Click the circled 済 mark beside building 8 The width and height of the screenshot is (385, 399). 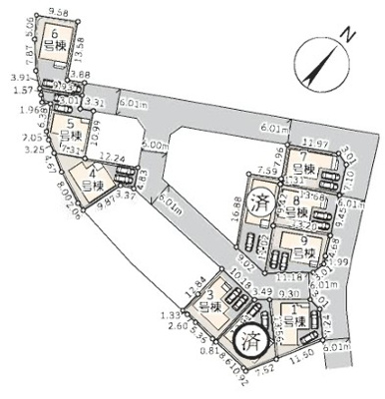coord(262,199)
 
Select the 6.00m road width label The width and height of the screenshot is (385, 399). coord(154,145)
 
